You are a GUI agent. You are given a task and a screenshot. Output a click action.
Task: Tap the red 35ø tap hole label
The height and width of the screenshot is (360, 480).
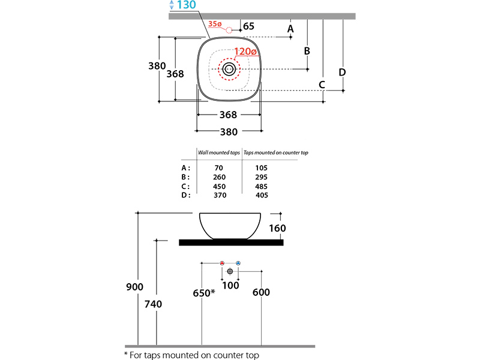pos(215,24)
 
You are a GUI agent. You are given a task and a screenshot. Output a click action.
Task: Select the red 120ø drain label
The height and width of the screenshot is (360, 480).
pos(245,52)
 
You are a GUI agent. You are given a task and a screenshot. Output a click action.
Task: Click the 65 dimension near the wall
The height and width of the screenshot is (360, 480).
pos(249,26)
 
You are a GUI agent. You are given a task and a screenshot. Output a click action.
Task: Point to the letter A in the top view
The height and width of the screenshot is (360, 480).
pos(290,28)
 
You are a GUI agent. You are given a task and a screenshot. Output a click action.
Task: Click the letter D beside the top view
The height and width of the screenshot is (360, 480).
pos(342,72)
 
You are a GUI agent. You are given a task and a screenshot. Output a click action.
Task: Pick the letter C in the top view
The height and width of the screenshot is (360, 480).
pos(322,84)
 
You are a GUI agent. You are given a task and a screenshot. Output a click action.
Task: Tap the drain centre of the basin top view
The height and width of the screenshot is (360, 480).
pos(229,69)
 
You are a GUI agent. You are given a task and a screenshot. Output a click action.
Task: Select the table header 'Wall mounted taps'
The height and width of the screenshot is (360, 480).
pos(219,153)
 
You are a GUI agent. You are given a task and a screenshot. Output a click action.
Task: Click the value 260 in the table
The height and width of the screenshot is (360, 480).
pos(219,178)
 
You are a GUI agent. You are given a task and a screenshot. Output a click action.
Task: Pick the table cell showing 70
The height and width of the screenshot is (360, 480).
pos(219,168)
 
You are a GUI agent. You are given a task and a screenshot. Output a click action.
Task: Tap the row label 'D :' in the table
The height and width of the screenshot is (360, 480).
pos(185,195)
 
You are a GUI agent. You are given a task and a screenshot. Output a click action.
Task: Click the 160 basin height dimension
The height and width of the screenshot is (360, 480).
pos(278,228)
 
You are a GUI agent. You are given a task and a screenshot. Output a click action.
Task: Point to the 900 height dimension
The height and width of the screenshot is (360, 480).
pos(134,287)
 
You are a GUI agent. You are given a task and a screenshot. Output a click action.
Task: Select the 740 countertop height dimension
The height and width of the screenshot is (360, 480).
pos(154,304)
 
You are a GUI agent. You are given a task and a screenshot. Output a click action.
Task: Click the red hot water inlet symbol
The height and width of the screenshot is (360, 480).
pos(222,263)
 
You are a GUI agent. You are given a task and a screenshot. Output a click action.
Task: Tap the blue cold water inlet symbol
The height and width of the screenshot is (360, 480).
pos(238,263)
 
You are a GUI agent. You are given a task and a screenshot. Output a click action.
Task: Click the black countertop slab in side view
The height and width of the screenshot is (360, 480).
pos(232,242)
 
